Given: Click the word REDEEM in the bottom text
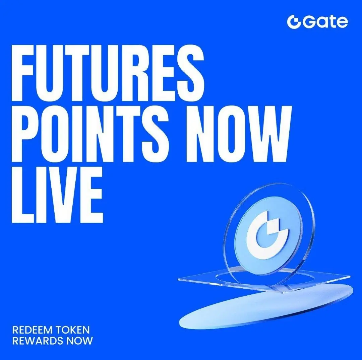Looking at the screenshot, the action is [32, 330].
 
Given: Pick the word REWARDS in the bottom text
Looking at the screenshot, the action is [38, 341].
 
